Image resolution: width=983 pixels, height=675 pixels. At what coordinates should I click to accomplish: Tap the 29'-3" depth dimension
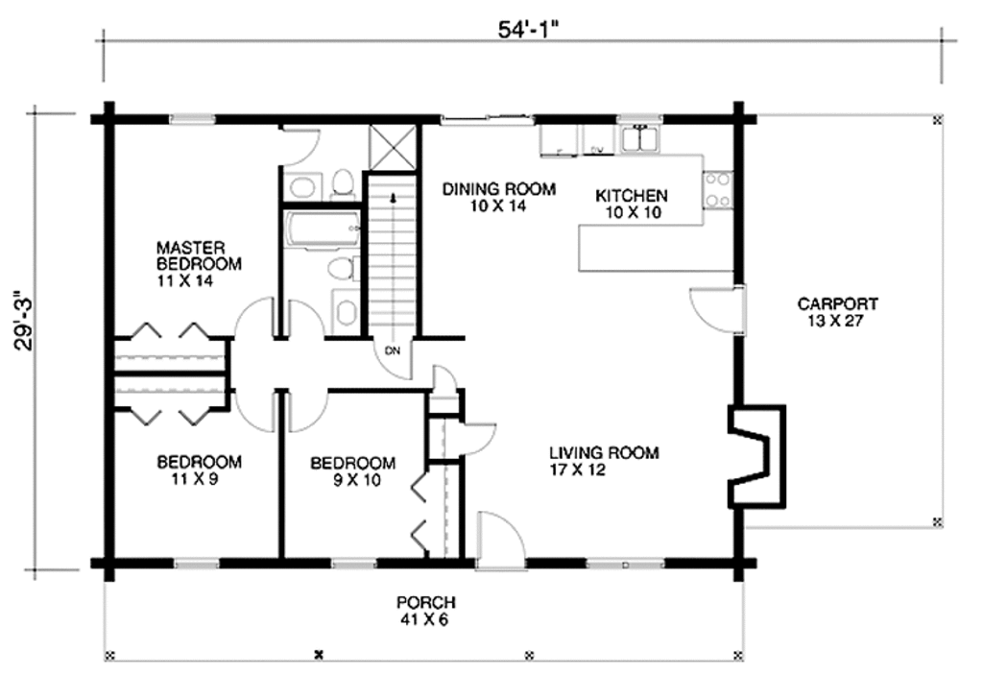26,321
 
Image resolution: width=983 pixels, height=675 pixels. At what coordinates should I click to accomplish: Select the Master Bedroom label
199,264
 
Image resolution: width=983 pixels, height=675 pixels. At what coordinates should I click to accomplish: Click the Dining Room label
499,197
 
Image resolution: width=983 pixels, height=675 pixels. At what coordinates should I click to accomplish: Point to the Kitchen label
632,204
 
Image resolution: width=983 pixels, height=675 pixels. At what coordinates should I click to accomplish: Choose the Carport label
837,312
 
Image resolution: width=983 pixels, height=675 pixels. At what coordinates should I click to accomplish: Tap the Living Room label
605,461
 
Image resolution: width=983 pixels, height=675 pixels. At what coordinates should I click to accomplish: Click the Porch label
425,611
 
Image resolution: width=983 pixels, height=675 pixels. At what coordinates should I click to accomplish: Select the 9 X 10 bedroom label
353,471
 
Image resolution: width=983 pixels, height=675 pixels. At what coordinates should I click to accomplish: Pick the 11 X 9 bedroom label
199,470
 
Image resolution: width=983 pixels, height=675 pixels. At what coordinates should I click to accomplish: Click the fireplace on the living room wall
756,456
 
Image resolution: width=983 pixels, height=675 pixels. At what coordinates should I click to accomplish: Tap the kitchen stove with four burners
718,189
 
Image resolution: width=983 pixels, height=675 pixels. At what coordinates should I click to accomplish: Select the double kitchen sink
640,138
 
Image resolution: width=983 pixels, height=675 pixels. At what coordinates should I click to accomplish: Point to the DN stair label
393,350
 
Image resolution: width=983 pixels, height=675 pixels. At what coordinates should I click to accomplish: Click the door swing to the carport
714,308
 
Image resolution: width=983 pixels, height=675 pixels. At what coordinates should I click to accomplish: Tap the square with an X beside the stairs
393,148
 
